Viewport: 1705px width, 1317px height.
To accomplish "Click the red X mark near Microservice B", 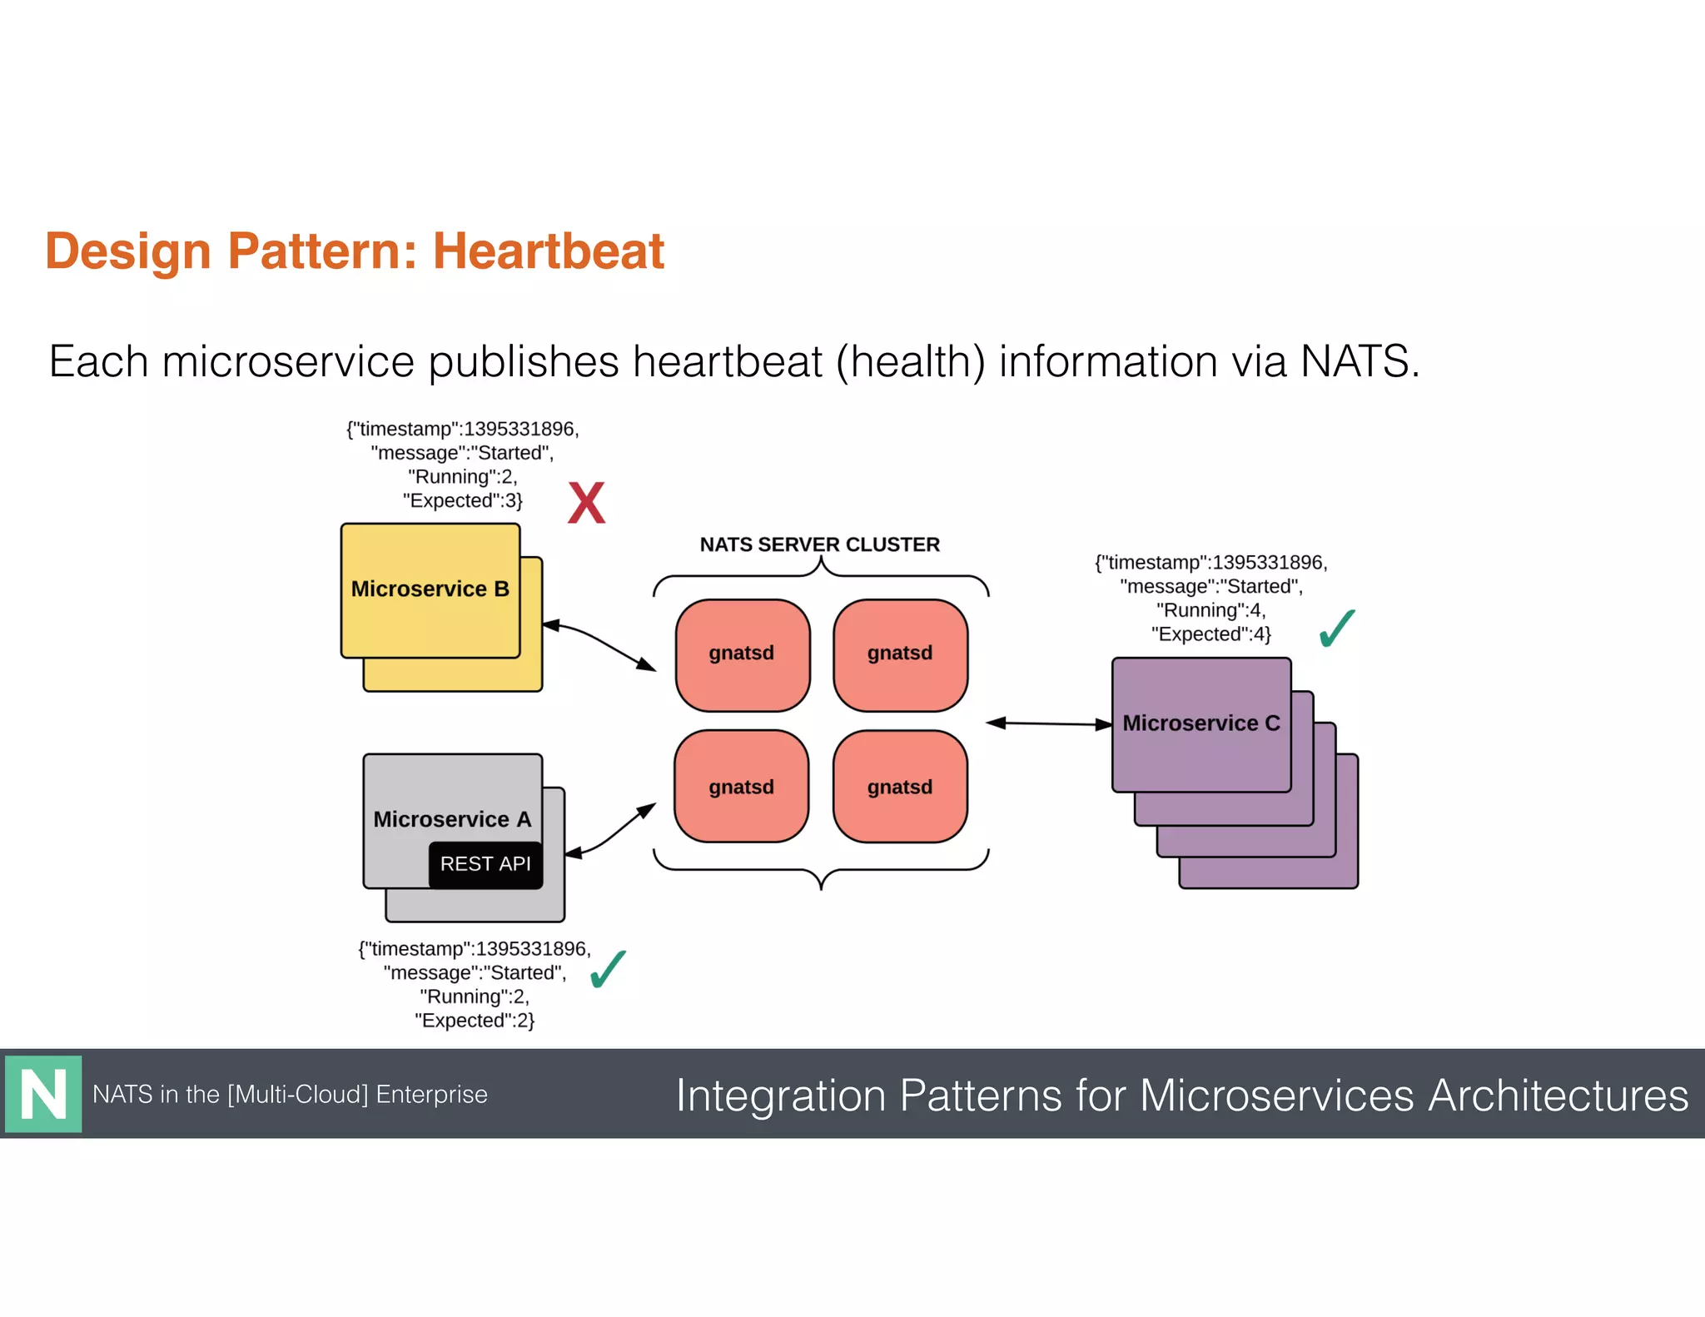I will point(586,503).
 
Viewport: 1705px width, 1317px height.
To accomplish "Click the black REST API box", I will point(485,864).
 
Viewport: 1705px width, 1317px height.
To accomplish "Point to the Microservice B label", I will point(430,589).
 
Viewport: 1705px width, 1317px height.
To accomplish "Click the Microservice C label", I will point(1200,723).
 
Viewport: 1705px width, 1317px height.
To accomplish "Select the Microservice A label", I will point(452,819).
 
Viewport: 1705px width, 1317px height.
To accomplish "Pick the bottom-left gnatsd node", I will point(741,787).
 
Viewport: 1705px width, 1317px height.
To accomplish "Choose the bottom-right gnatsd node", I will point(900,787).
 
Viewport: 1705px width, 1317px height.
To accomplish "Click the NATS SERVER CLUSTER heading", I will point(819,544).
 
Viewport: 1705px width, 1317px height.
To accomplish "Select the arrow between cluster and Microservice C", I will point(1049,723).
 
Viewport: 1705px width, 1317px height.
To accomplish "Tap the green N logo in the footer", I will point(43,1094).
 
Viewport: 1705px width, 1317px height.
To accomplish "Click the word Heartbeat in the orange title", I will point(548,251).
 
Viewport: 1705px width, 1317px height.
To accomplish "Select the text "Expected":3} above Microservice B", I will point(463,500).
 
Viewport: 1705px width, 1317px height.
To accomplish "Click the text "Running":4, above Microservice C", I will point(1210,610).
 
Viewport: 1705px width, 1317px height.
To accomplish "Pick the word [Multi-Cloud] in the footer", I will point(298,1094).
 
